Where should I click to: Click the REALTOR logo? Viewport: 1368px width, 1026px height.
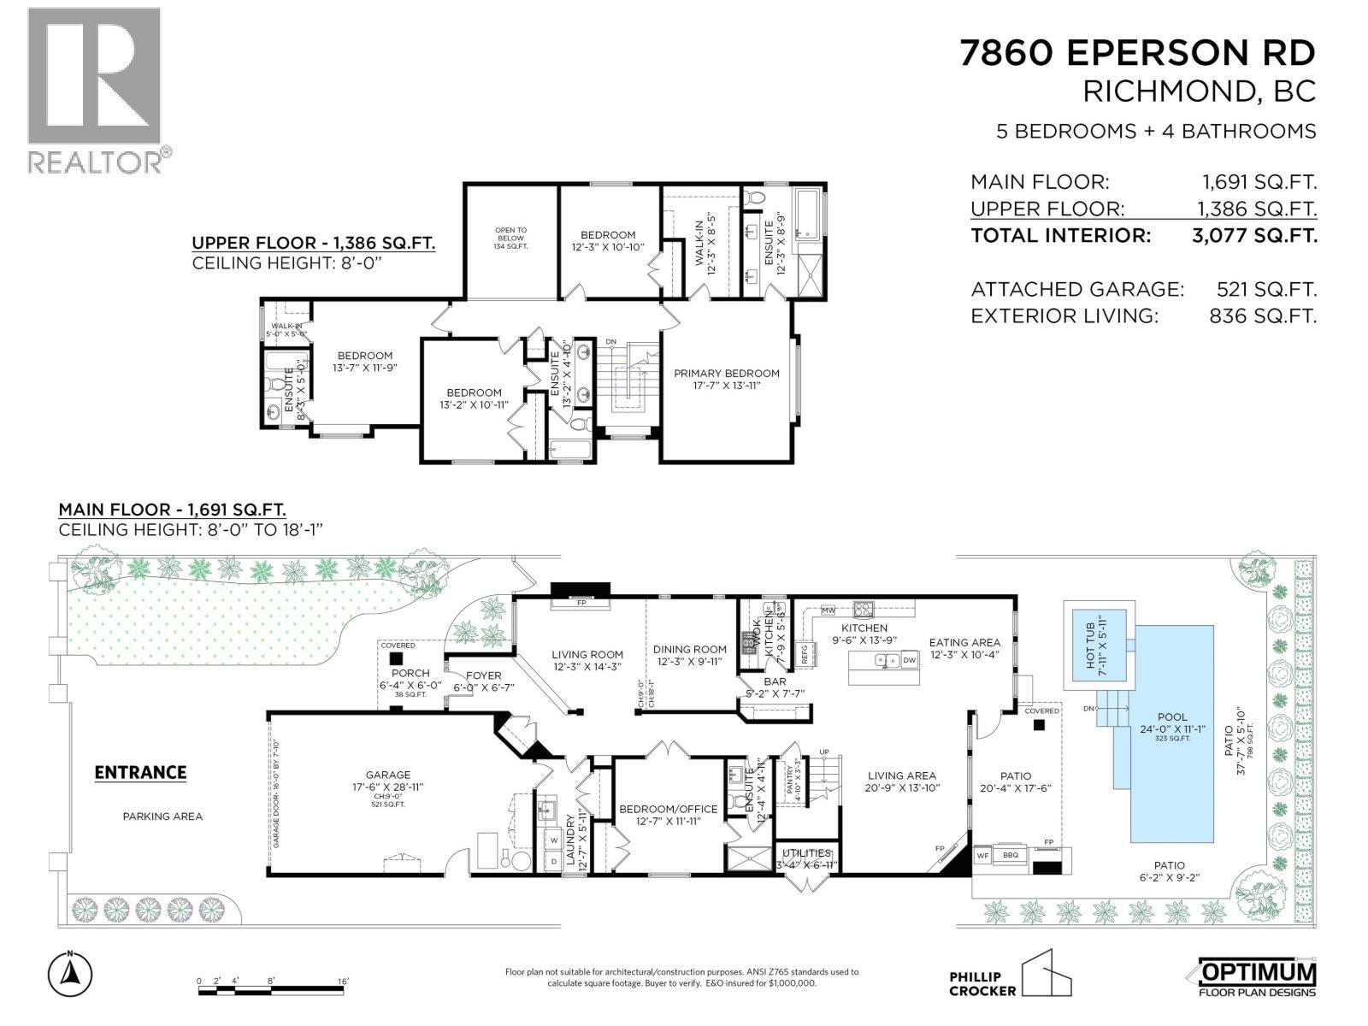tap(95, 89)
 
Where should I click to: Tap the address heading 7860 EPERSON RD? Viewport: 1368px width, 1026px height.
tap(1137, 54)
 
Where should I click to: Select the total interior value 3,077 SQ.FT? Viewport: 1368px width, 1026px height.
tap(1254, 236)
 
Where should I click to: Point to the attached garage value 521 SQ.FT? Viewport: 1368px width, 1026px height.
tap(1266, 290)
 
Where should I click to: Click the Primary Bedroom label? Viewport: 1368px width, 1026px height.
tap(726, 374)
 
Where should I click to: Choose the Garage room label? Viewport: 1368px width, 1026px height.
tap(388, 775)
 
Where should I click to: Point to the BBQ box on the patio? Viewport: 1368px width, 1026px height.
tap(1011, 853)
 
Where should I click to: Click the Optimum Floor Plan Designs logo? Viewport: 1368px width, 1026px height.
tap(1252, 977)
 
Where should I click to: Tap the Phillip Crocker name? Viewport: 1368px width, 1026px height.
tap(982, 984)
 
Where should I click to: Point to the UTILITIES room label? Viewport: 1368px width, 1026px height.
tap(806, 853)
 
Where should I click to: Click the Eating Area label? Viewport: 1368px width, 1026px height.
tap(964, 642)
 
